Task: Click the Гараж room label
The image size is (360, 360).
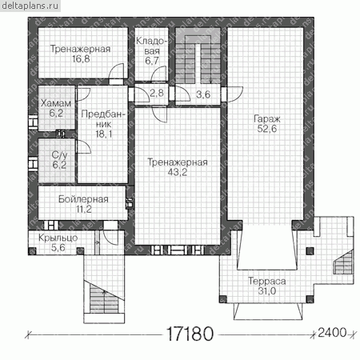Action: (267, 119)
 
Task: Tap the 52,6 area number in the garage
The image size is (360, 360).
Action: (267, 129)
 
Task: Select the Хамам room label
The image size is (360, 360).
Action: (56, 103)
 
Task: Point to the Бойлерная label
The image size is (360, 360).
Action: (83, 199)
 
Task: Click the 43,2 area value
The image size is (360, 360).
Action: (178, 172)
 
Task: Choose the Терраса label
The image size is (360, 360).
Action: (267, 281)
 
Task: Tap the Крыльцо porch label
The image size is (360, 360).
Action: (58, 238)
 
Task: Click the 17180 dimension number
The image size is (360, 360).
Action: (190, 334)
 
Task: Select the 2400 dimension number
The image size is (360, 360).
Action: (332, 333)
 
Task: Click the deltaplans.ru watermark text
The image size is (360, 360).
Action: (30, 6)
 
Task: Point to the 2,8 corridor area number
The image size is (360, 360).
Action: (157, 93)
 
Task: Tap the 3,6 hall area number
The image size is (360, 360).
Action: (203, 94)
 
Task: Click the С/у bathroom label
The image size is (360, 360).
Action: (59, 155)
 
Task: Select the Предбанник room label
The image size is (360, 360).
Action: (103, 119)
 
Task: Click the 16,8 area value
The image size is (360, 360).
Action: (81, 59)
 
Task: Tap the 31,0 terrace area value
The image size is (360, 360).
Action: (267, 291)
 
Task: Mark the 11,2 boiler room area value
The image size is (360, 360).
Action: (84, 210)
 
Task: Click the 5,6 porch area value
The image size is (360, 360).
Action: (58, 248)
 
